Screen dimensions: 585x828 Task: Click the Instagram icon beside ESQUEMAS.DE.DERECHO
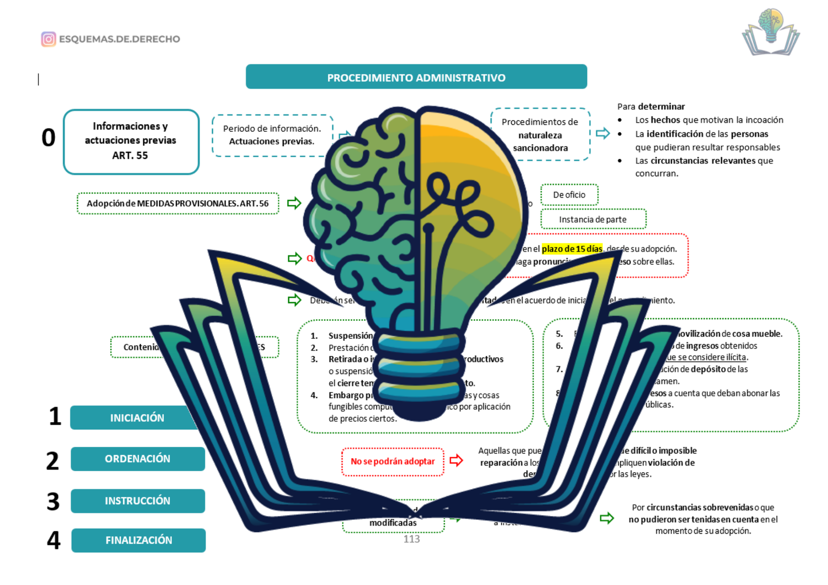tap(49, 39)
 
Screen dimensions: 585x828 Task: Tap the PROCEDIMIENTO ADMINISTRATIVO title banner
tap(416, 77)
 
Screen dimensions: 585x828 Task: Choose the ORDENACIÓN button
tap(138, 459)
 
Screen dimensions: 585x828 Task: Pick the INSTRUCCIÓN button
tap(138, 501)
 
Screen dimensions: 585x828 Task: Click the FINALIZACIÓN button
tap(139, 540)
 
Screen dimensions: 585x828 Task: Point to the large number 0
tap(49, 138)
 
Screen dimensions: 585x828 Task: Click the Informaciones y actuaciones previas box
tap(131, 141)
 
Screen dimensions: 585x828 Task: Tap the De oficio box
tap(569, 195)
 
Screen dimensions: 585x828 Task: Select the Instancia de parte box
tap(593, 219)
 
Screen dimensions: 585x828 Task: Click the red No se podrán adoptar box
tap(393, 461)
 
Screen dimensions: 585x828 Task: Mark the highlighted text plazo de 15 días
tap(572, 249)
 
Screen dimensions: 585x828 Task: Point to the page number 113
tap(412, 539)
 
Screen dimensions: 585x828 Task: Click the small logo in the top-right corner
tap(771, 32)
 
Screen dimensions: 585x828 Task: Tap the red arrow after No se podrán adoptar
tap(456, 460)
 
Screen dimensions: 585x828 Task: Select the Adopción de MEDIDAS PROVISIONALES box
tap(178, 203)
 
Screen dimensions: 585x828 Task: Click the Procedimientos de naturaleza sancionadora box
tap(540, 134)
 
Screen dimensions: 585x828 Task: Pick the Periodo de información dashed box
tap(272, 135)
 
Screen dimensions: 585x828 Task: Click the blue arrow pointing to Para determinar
tap(603, 133)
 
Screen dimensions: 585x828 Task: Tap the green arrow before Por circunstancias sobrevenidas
tap(607, 518)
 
